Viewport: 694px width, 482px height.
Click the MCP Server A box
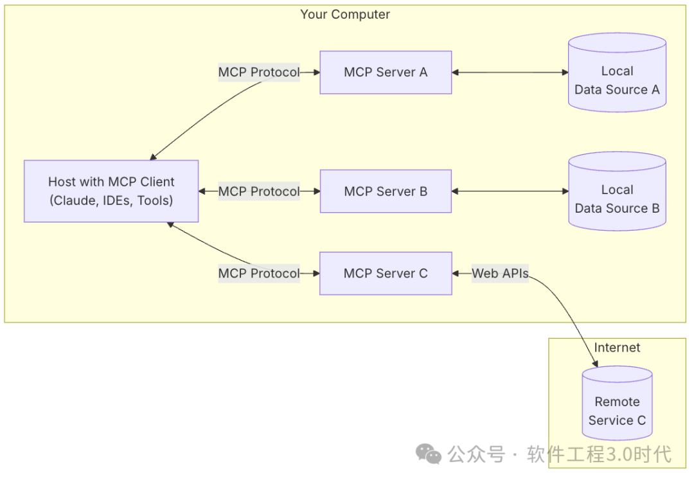click(386, 73)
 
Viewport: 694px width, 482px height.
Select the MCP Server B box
click(386, 192)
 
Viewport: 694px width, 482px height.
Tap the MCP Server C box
click(386, 273)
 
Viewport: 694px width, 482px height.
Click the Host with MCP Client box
click(111, 191)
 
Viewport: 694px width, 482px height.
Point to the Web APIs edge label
click(500, 273)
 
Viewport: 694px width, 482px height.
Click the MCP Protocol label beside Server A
click(259, 73)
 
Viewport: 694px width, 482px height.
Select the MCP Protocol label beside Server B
click(259, 192)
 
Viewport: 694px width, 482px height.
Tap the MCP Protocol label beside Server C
click(259, 273)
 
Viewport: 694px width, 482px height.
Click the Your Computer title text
click(345, 14)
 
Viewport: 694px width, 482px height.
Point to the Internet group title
click(617, 348)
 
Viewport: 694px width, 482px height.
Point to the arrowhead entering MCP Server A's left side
click(316, 73)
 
